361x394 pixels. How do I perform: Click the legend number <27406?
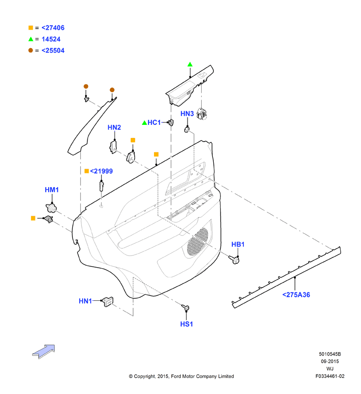pos(53,28)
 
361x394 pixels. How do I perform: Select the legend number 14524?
pos(51,39)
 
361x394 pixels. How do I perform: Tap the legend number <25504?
pos(53,51)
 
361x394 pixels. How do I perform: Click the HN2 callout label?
pos(114,127)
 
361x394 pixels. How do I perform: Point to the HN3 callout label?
pos(187,114)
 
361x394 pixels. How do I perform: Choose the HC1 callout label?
pos(154,122)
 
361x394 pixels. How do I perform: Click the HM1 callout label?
pos(52,190)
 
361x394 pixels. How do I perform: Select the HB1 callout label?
pos(238,244)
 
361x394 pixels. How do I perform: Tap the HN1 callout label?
pos(86,301)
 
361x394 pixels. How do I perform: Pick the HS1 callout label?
pos(187,324)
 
